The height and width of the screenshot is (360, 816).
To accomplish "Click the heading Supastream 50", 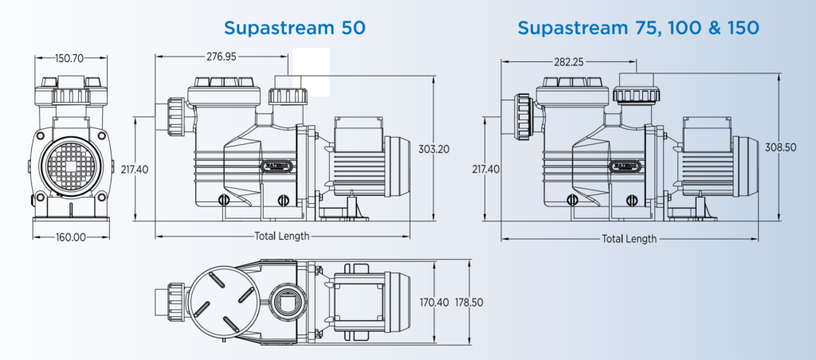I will [294, 28].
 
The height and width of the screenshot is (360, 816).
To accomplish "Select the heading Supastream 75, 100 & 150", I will [638, 28].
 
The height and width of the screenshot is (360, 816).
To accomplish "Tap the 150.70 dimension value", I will [70, 58].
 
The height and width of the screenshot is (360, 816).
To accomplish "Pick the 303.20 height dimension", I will [433, 149].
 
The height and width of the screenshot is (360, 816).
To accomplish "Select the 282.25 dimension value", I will [567, 61].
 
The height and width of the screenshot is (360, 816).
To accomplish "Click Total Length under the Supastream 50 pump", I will [282, 236].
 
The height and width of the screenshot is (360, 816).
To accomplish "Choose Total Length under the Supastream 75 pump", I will [630, 238].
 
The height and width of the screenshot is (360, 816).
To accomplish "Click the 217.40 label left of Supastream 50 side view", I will [135, 169].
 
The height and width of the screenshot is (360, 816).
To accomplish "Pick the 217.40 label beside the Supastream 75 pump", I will [485, 169].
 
